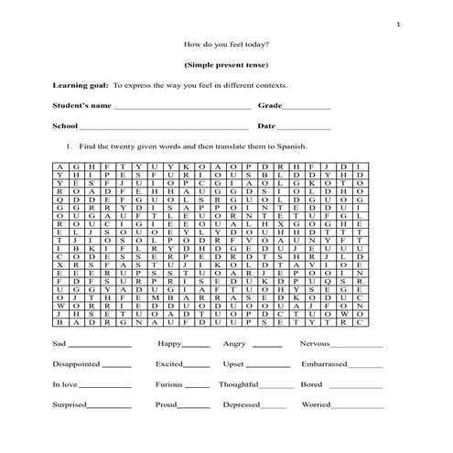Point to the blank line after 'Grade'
click(x=305, y=107)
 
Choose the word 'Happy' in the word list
click(x=169, y=344)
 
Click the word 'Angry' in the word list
click(x=235, y=344)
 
